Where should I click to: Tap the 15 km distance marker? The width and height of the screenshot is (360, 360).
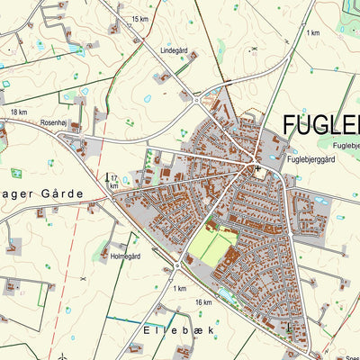[x=139, y=19]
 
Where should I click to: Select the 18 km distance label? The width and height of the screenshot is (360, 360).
[x=19, y=112]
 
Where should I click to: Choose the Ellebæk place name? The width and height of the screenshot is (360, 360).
[x=179, y=330]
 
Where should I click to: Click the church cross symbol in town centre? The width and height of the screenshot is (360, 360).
[x=257, y=167]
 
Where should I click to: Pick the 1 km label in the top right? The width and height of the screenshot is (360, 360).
[x=312, y=33]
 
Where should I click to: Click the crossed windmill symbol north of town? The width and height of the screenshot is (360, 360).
[x=255, y=49]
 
